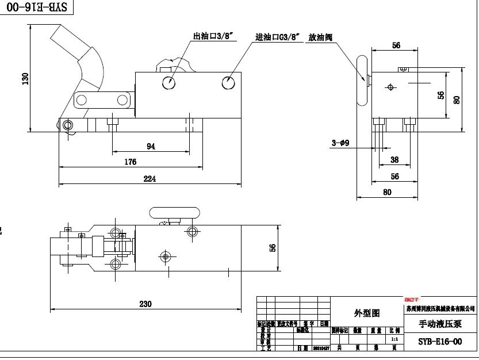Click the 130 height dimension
pos(25,78)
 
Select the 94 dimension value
pos(151,147)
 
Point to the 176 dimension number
pos(131,162)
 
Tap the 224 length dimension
pos(150,179)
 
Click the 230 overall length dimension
pos(145,304)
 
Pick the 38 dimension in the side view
pos(394,160)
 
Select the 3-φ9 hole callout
pos(341,143)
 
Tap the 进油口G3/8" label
pos(278,37)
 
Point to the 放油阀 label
pos(320,37)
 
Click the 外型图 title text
pos(367,313)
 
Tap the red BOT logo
pos(412,300)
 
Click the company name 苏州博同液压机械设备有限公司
pos(440,308)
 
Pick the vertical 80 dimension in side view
pos(457,99)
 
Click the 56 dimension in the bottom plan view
pos(273,247)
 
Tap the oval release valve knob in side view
pos(362,81)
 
